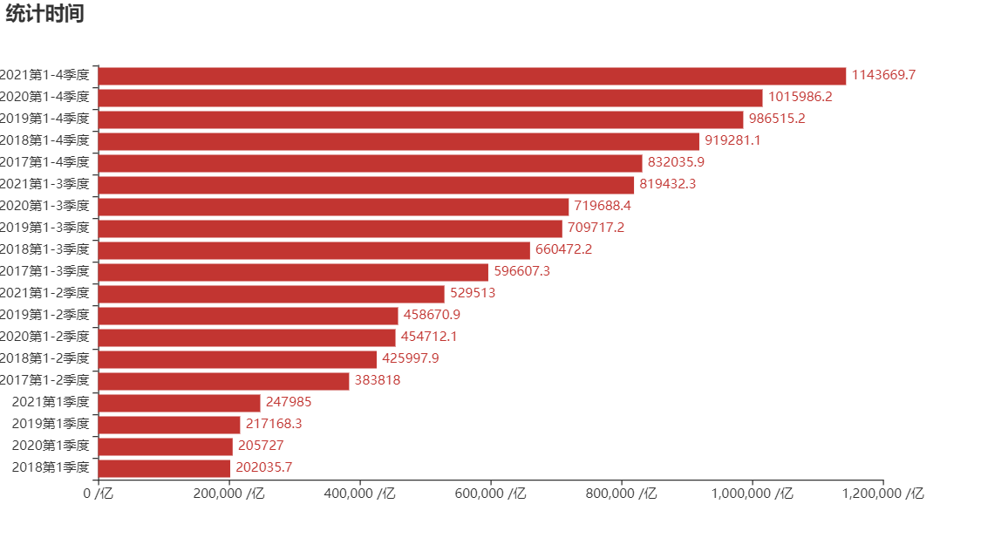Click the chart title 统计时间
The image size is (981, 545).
click(44, 14)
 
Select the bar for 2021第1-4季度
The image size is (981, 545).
click(472, 76)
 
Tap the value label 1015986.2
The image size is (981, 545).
click(800, 97)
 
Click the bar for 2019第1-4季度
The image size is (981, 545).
click(420, 119)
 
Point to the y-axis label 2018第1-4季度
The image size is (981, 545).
click(44, 140)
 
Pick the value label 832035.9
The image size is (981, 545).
click(676, 162)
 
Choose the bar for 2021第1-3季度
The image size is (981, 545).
click(366, 185)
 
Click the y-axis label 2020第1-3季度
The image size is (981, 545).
click(44, 206)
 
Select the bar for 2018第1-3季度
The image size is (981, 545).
click(314, 250)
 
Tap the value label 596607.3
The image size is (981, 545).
click(521, 271)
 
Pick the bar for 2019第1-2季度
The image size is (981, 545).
click(248, 316)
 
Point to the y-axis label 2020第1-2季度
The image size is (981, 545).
click(44, 337)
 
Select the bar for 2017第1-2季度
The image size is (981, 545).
click(223, 381)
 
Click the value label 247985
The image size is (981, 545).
click(289, 402)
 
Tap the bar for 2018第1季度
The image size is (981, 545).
click(164, 468)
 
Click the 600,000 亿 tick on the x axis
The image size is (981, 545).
click(490, 494)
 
